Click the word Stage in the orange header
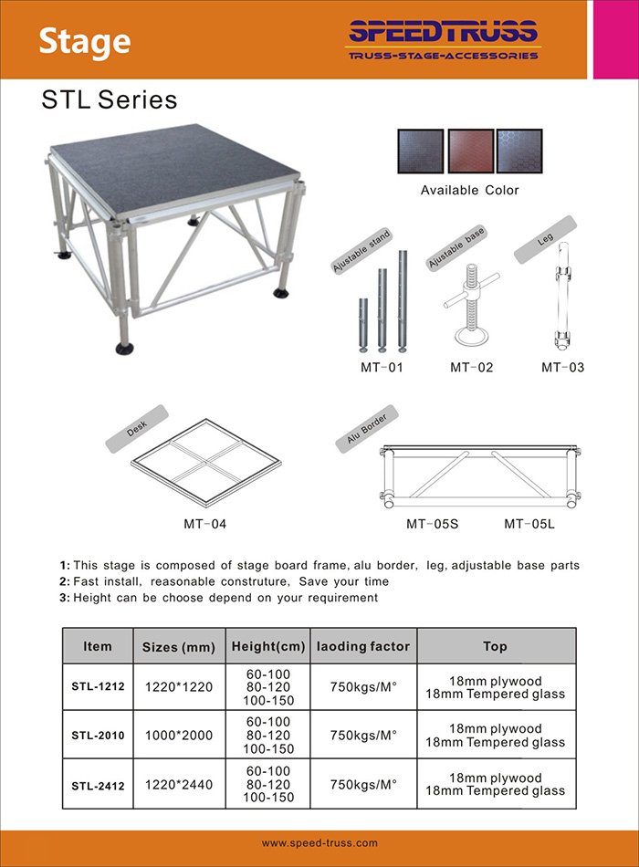point(85,41)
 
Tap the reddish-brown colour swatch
point(471,150)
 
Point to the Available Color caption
point(469,191)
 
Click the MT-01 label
point(381,368)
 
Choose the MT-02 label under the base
point(471,368)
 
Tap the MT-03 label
point(562,368)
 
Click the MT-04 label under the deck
point(204,524)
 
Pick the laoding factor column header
point(363,646)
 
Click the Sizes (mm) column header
point(179,647)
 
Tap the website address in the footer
point(319,843)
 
